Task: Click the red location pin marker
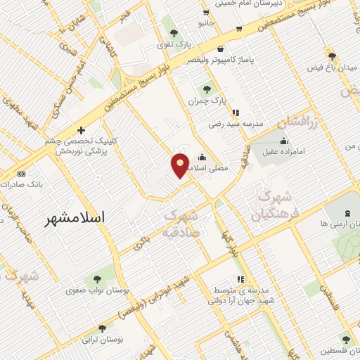(181, 165)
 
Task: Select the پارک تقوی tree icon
(174, 33)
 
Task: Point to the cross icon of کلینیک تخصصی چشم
(82, 129)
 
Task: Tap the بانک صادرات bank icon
(21, 174)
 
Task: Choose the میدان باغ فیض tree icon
(332, 56)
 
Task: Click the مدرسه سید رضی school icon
(236, 112)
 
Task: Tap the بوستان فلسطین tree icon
(345, 339)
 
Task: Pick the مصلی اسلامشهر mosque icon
(202, 157)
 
